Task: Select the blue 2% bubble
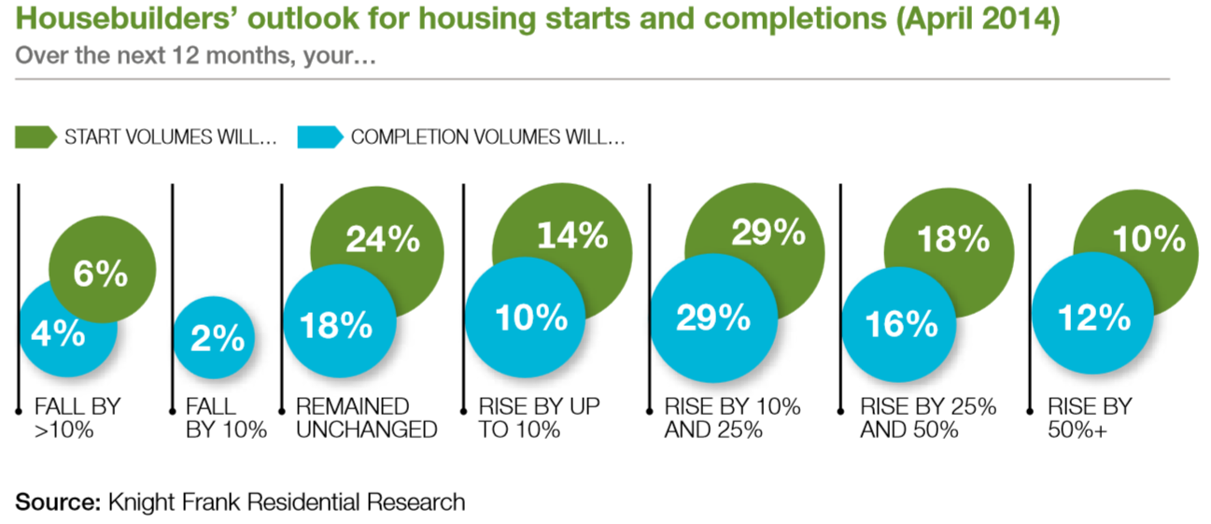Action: [216, 338]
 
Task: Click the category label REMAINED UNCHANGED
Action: [366, 418]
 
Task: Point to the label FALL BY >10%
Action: [77, 418]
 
